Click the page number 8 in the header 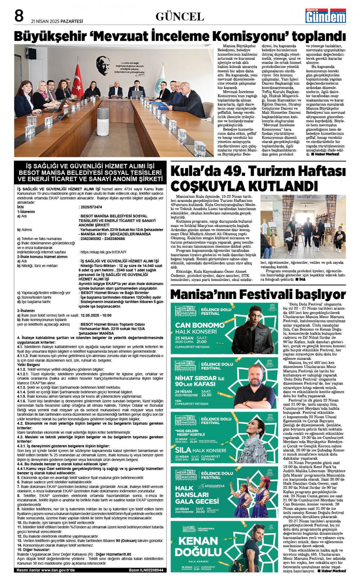coord(19,16)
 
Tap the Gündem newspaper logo coord(325,16)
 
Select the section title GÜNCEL coord(180,17)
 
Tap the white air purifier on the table coord(103,121)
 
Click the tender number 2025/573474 coord(91,207)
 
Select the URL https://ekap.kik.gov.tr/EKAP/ coord(103,252)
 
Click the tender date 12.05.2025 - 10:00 coord(96,315)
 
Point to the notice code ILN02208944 coord(151,570)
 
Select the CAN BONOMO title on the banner coord(195,325)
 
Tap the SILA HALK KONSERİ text coord(201,450)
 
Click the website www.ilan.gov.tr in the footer coord(58,570)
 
